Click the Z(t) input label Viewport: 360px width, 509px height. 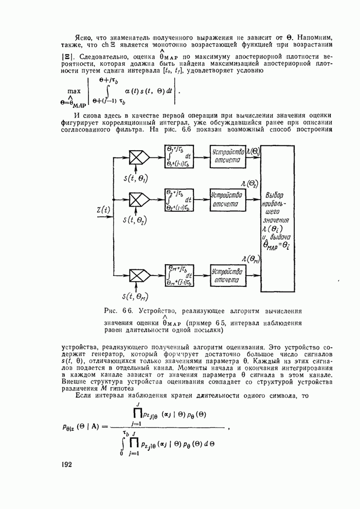tap(104, 210)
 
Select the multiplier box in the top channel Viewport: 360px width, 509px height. tap(137, 157)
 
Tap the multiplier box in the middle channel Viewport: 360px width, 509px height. tap(137, 199)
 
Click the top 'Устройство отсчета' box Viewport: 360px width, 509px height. tap(228, 156)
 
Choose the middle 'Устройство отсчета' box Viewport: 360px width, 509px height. tap(228, 199)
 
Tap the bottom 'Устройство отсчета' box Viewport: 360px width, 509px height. tap(228, 275)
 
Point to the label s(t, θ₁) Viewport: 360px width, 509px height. tap(135, 178)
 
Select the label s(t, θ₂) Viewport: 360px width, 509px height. tap(135, 221)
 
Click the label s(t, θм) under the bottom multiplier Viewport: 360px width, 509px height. tap(135, 296)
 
